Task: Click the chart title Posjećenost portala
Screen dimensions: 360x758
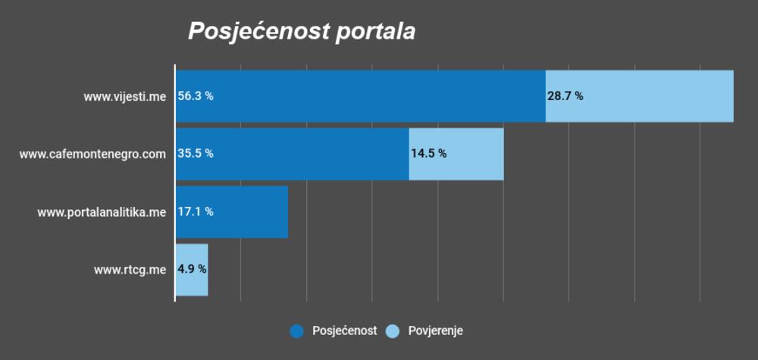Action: point(302,32)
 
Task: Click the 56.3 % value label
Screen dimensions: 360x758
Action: point(196,96)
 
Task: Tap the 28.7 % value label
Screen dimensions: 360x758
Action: point(565,96)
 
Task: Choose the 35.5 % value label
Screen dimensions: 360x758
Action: point(196,153)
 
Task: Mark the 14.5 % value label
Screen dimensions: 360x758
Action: point(428,153)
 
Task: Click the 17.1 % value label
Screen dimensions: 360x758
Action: point(196,211)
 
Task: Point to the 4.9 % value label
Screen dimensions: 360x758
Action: point(192,269)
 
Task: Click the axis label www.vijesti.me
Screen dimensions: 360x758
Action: point(125,96)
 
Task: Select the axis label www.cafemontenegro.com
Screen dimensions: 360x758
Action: point(92,154)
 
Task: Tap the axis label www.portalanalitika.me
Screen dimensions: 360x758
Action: point(102,212)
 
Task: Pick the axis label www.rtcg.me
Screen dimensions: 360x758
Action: point(130,270)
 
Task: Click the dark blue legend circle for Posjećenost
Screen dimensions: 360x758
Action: point(296,330)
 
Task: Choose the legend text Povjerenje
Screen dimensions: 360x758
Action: point(435,330)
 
